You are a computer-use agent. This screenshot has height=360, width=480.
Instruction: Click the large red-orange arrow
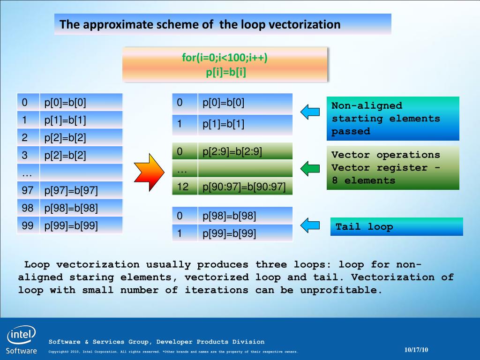pyautogui.click(x=149, y=172)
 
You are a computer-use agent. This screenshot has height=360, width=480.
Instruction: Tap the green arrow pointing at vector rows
pyautogui.click(x=310, y=168)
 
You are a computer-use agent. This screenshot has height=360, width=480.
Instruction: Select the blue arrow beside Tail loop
pyautogui.click(x=310, y=225)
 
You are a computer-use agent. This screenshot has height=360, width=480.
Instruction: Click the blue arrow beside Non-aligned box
pyautogui.click(x=310, y=112)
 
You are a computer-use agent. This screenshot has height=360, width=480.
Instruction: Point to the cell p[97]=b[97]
pyautogui.click(x=81, y=190)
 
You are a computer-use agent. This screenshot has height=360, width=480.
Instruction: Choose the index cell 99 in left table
pyautogui.click(x=28, y=225)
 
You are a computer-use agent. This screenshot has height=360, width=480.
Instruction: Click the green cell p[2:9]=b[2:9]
pyautogui.click(x=245, y=151)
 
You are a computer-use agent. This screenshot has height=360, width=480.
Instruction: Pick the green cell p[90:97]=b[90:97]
pyautogui.click(x=245, y=187)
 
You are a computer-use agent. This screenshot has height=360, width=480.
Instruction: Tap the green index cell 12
pyautogui.click(x=185, y=187)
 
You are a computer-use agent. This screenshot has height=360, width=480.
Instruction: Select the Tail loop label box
pyautogui.click(x=397, y=226)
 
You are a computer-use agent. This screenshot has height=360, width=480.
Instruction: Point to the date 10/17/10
pyautogui.click(x=416, y=350)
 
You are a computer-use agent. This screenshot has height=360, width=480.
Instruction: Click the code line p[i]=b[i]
pyautogui.click(x=226, y=72)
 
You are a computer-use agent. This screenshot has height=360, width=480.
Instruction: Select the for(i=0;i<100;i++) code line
pyautogui.click(x=225, y=57)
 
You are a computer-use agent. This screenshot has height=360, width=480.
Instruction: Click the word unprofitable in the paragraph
pyautogui.click(x=341, y=290)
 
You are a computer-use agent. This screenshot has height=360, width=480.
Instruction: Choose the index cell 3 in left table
pyautogui.click(x=28, y=155)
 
